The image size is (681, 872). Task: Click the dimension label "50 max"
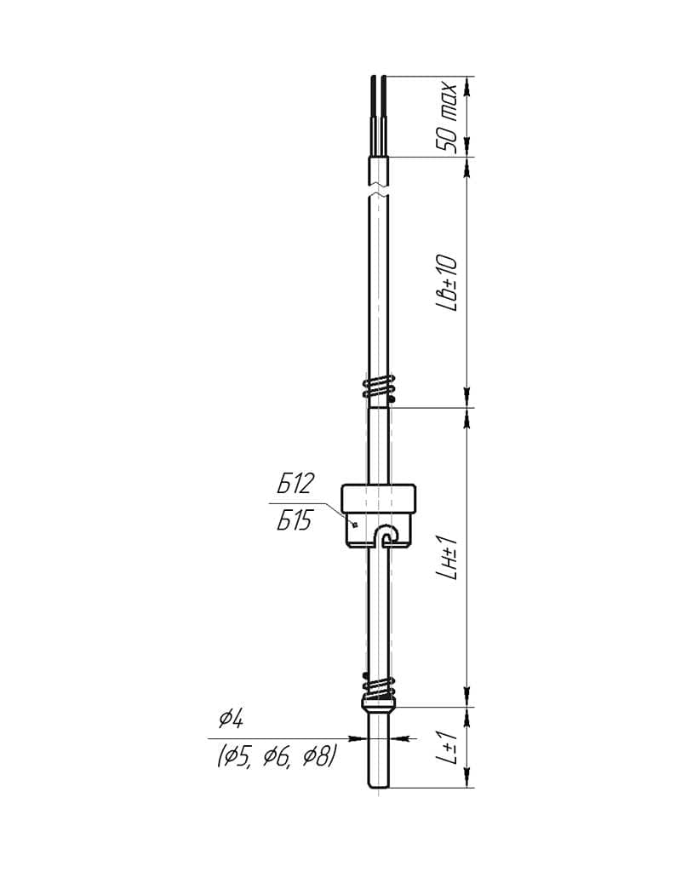tap(447, 118)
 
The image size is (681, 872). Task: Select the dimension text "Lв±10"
tap(447, 283)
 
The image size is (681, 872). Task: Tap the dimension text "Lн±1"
tap(447, 557)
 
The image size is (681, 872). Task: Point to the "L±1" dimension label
tap(447, 747)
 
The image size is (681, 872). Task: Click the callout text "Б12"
tap(295, 484)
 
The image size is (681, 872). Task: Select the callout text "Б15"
tap(295, 520)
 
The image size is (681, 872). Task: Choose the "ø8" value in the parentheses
tap(317, 757)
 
